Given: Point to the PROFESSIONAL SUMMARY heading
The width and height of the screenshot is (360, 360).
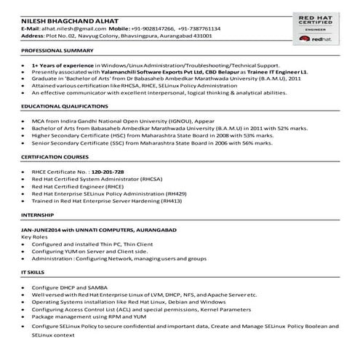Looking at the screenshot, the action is coord(57,52).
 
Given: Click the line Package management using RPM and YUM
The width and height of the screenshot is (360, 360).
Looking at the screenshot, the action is coord(89,316).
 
